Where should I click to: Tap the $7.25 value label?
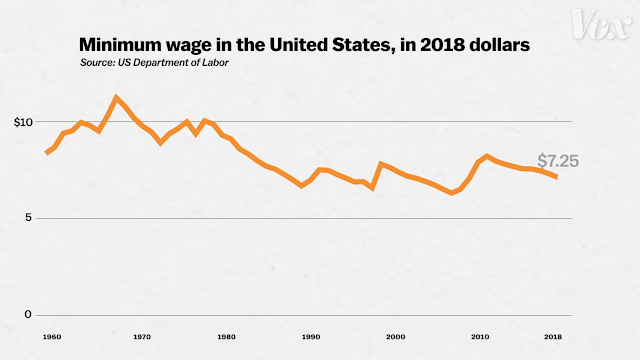pos(558,160)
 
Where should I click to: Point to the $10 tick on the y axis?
pos(22,122)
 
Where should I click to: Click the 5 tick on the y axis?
pos(29,218)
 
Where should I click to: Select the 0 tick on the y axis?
pos(29,315)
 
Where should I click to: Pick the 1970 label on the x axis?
pos(142,337)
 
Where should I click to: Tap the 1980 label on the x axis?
pos(226,337)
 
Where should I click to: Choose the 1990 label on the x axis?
pos(311,337)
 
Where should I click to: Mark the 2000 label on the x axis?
pos(396,337)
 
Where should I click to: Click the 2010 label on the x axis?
pos(481,337)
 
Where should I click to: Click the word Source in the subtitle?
pos(99,64)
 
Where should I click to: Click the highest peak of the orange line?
pos(117,97)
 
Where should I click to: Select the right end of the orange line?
pos(557,177)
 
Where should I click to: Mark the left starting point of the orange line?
pos(47,153)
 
